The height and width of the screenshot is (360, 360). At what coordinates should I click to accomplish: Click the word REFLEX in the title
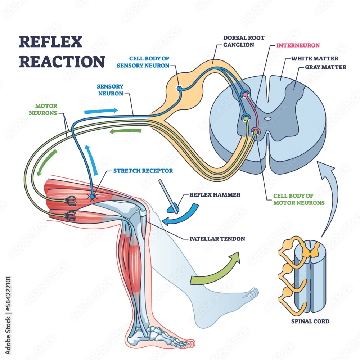point(46,42)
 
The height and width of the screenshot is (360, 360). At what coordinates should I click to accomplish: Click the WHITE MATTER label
point(315,58)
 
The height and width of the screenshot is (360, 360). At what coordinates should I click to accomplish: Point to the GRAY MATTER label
point(325,67)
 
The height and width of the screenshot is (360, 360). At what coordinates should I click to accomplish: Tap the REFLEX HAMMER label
point(215,195)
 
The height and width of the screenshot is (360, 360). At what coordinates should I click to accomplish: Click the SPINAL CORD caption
point(310,321)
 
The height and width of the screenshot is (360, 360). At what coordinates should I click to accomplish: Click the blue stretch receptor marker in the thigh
point(92,197)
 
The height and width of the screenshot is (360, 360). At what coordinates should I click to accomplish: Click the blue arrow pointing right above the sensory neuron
point(101,111)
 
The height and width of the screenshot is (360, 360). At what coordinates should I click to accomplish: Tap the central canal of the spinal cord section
point(268,118)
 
